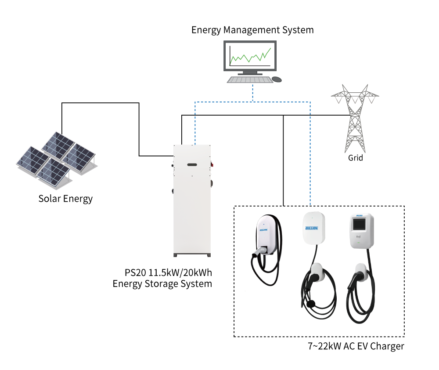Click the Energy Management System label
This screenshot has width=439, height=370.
tap(252, 30)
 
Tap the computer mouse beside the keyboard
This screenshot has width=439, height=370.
tap(277, 80)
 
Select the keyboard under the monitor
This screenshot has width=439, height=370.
tap(250, 80)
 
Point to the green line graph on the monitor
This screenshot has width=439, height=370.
tap(250, 56)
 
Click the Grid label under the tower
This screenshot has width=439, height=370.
tap(355, 158)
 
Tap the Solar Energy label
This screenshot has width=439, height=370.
tap(65, 199)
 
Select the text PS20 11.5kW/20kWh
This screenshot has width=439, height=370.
tap(168, 272)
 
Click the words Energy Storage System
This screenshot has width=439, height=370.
tap(162, 284)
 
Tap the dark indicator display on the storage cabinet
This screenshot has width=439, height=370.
tap(192, 165)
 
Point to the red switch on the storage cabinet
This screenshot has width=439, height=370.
tap(212, 164)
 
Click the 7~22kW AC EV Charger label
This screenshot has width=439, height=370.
tap(356, 346)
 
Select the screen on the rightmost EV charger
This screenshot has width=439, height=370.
tap(359, 224)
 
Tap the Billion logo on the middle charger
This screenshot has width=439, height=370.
tap(312, 228)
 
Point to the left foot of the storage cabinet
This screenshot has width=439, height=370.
tap(175, 255)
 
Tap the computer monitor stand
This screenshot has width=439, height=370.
tap(250, 73)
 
